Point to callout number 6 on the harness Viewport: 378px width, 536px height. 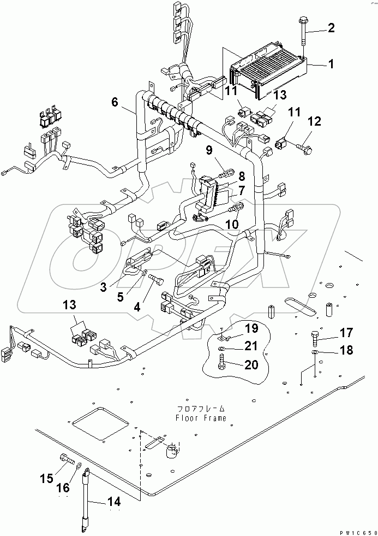click(115, 102)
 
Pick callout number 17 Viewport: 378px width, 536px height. click(346, 332)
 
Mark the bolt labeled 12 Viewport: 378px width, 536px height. click(301, 147)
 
